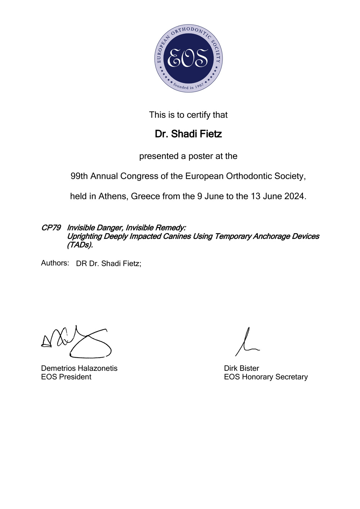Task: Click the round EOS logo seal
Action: pyautogui.click(x=188, y=59)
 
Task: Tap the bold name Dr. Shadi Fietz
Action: pyautogui.click(x=188, y=134)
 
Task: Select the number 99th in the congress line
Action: pyautogui.click(x=79, y=176)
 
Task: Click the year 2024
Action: pyautogui.click(x=294, y=196)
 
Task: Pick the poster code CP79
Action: pyautogui.click(x=51, y=228)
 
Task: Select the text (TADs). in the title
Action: pyautogui.click(x=80, y=245)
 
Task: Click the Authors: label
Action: pyautogui.click(x=55, y=263)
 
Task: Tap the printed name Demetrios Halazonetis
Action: pyautogui.click(x=79, y=368)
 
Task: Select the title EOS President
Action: pyautogui.click(x=66, y=377)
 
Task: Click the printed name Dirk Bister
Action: pyautogui.click(x=242, y=368)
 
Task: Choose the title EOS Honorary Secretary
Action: pyautogui.click(x=266, y=377)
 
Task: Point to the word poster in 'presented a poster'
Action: pyautogui.click(x=200, y=156)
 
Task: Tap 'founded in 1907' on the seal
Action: pyautogui.click(x=188, y=87)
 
